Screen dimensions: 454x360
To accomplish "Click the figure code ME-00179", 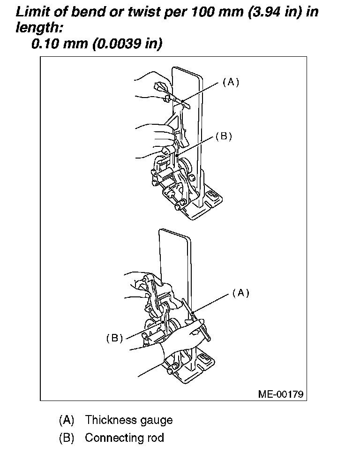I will (281, 393).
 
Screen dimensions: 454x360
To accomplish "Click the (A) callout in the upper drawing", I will (230, 82).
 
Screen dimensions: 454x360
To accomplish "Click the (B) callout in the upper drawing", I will (224, 136).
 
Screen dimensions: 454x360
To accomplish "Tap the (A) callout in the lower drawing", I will (240, 293).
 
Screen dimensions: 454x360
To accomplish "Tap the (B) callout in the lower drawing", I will (114, 338).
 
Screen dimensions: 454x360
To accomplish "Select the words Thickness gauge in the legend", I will (128, 420).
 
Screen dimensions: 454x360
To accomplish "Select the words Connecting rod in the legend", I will (124, 438).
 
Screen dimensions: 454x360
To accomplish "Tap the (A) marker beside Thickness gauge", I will (67, 420).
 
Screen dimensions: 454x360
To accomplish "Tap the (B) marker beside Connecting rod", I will (67, 438).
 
